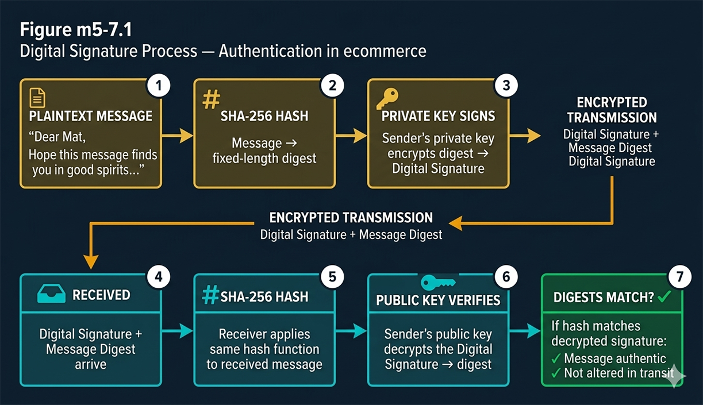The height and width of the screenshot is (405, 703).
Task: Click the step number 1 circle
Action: (x=159, y=86)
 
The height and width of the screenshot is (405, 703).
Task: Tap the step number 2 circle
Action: (x=332, y=86)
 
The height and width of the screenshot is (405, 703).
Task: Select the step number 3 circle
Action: (x=506, y=86)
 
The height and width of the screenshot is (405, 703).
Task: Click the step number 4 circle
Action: (x=159, y=277)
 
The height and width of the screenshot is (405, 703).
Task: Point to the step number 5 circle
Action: (x=332, y=277)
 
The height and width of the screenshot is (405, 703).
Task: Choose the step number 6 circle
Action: (x=506, y=277)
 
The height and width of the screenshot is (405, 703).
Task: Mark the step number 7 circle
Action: (x=679, y=277)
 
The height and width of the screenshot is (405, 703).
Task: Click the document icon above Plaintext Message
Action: (x=37, y=98)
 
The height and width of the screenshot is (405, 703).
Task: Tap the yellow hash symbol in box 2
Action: (x=211, y=99)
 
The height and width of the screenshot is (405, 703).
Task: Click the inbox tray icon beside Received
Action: (x=52, y=295)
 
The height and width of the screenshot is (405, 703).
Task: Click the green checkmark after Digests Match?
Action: (x=664, y=296)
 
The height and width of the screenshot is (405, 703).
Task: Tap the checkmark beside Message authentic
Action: (x=556, y=359)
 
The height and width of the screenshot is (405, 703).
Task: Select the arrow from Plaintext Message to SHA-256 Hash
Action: (x=178, y=136)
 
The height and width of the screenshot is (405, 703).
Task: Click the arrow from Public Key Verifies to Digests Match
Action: (x=525, y=331)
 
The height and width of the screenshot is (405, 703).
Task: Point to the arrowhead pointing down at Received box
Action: (x=91, y=263)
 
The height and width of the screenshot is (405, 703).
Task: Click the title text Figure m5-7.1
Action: (x=76, y=30)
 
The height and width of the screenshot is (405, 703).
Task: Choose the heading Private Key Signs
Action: (x=438, y=115)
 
